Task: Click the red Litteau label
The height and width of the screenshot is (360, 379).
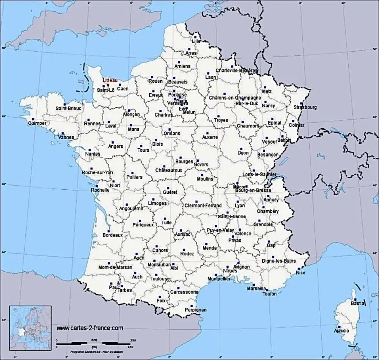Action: [110, 80]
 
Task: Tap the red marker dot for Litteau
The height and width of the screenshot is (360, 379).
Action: [108, 85]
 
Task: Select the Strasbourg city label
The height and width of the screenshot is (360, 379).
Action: [305, 107]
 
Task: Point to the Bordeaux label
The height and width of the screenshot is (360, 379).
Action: [113, 235]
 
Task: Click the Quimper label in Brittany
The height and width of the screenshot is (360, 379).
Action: [37, 123]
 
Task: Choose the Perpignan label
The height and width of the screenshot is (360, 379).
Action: [195, 310]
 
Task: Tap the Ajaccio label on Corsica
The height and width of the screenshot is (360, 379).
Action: [341, 331]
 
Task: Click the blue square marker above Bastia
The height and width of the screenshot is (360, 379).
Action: [355, 299]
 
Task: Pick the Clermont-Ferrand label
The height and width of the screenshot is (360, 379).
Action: [203, 206]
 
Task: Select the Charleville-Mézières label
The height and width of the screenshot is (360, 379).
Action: [237, 71]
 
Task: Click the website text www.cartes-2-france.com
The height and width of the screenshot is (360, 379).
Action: [90, 328]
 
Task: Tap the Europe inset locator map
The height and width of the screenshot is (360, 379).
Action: [30, 323]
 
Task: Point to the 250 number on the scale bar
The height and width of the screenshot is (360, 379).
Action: [133, 340]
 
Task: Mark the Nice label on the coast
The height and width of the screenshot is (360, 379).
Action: [300, 273]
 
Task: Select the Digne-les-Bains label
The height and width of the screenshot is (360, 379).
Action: [279, 261]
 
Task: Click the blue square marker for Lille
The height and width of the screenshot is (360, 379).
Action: [196, 37]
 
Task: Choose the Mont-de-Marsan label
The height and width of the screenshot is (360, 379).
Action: [115, 267]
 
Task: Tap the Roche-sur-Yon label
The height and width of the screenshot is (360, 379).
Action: [98, 172]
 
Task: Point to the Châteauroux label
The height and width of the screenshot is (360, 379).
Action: [169, 170]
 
